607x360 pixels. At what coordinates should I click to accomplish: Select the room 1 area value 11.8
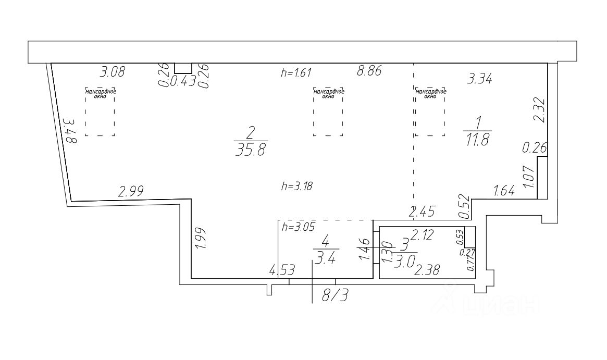(x=477, y=140)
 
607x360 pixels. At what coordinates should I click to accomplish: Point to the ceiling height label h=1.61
(x=295, y=73)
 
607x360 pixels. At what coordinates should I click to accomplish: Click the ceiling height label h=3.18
(x=295, y=185)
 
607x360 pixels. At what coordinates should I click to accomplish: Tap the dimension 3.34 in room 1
(x=480, y=79)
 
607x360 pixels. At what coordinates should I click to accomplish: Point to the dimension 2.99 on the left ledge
(x=131, y=191)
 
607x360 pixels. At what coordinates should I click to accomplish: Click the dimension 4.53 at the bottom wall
(x=281, y=270)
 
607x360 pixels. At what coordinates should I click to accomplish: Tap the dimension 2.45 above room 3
(x=420, y=211)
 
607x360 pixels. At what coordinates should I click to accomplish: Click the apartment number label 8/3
(x=335, y=295)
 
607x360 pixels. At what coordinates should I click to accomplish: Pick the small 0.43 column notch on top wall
(x=182, y=68)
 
